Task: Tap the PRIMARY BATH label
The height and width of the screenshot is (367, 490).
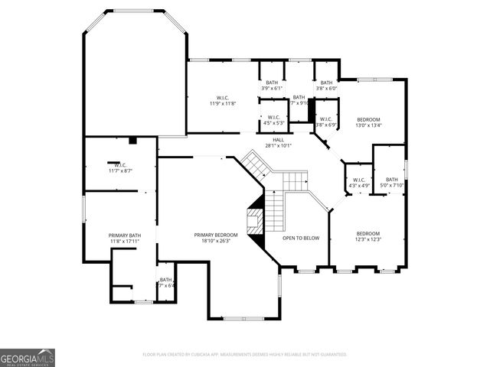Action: [x=125, y=235]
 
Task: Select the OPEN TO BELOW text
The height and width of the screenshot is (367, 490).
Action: [x=301, y=238]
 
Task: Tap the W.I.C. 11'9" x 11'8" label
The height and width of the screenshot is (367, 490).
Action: [x=223, y=97]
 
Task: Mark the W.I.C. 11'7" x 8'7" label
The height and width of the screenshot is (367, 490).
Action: [x=120, y=165]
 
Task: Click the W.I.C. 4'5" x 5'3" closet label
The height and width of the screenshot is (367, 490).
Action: [x=274, y=117]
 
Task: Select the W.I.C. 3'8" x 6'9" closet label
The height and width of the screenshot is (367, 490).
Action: [x=326, y=119]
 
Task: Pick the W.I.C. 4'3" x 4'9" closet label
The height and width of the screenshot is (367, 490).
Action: [x=359, y=180]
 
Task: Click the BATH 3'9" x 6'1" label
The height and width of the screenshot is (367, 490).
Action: [x=272, y=83]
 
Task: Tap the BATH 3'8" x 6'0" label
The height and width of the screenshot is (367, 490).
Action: [x=327, y=83]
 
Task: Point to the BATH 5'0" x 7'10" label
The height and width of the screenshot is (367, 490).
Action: [x=391, y=180]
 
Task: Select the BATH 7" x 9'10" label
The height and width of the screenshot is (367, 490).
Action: [x=299, y=97]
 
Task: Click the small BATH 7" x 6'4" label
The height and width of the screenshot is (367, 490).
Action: [x=166, y=280]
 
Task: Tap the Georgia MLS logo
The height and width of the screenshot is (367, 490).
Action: [x=28, y=358]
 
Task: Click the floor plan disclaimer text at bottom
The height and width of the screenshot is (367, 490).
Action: [x=245, y=355]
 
